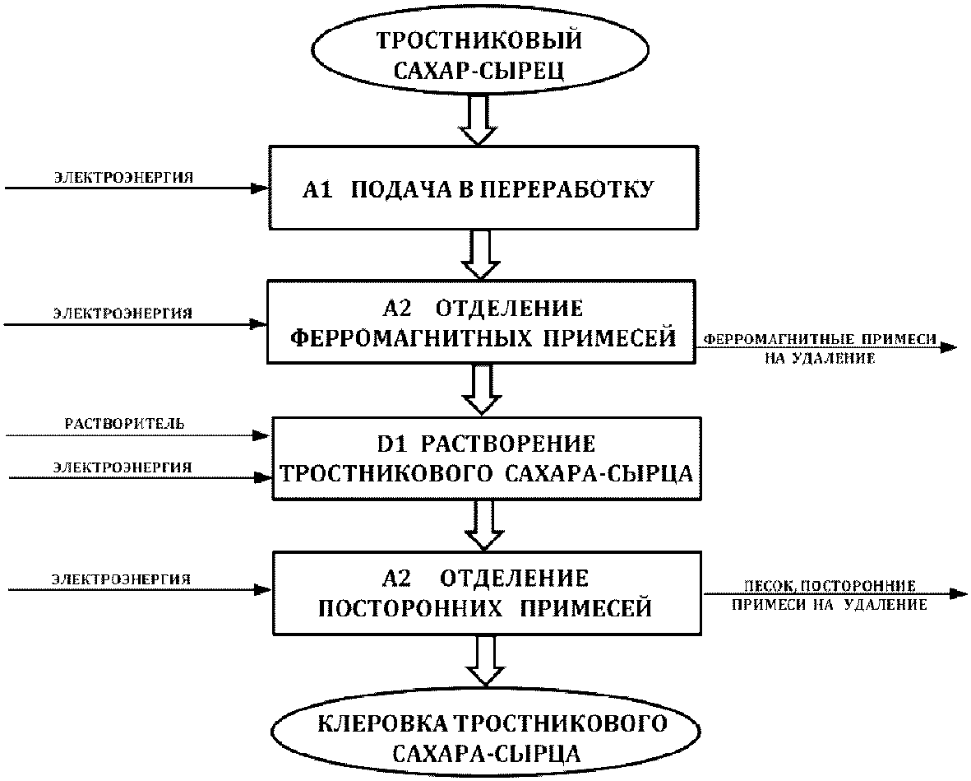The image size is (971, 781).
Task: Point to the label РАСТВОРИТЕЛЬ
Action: [x=124, y=424]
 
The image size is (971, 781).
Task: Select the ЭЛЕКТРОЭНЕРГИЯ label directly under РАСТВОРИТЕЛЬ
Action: [x=122, y=467]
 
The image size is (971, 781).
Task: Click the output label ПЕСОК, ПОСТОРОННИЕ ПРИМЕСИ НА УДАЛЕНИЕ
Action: [x=830, y=596]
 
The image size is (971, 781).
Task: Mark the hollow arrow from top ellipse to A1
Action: [x=479, y=122]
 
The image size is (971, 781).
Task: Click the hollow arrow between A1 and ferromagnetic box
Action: [x=481, y=255]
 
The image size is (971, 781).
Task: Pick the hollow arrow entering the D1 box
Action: [x=483, y=390]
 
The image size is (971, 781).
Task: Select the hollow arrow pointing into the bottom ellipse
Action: [x=486, y=662]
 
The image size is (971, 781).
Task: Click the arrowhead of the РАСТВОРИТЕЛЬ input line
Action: [x=261, y=435]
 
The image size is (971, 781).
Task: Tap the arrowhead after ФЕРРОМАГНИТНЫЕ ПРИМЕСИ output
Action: [x=949, y=348]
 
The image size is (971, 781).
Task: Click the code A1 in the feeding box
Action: [x=317, y=189]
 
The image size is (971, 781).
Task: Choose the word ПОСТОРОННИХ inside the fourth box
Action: [x=410, y=608]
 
